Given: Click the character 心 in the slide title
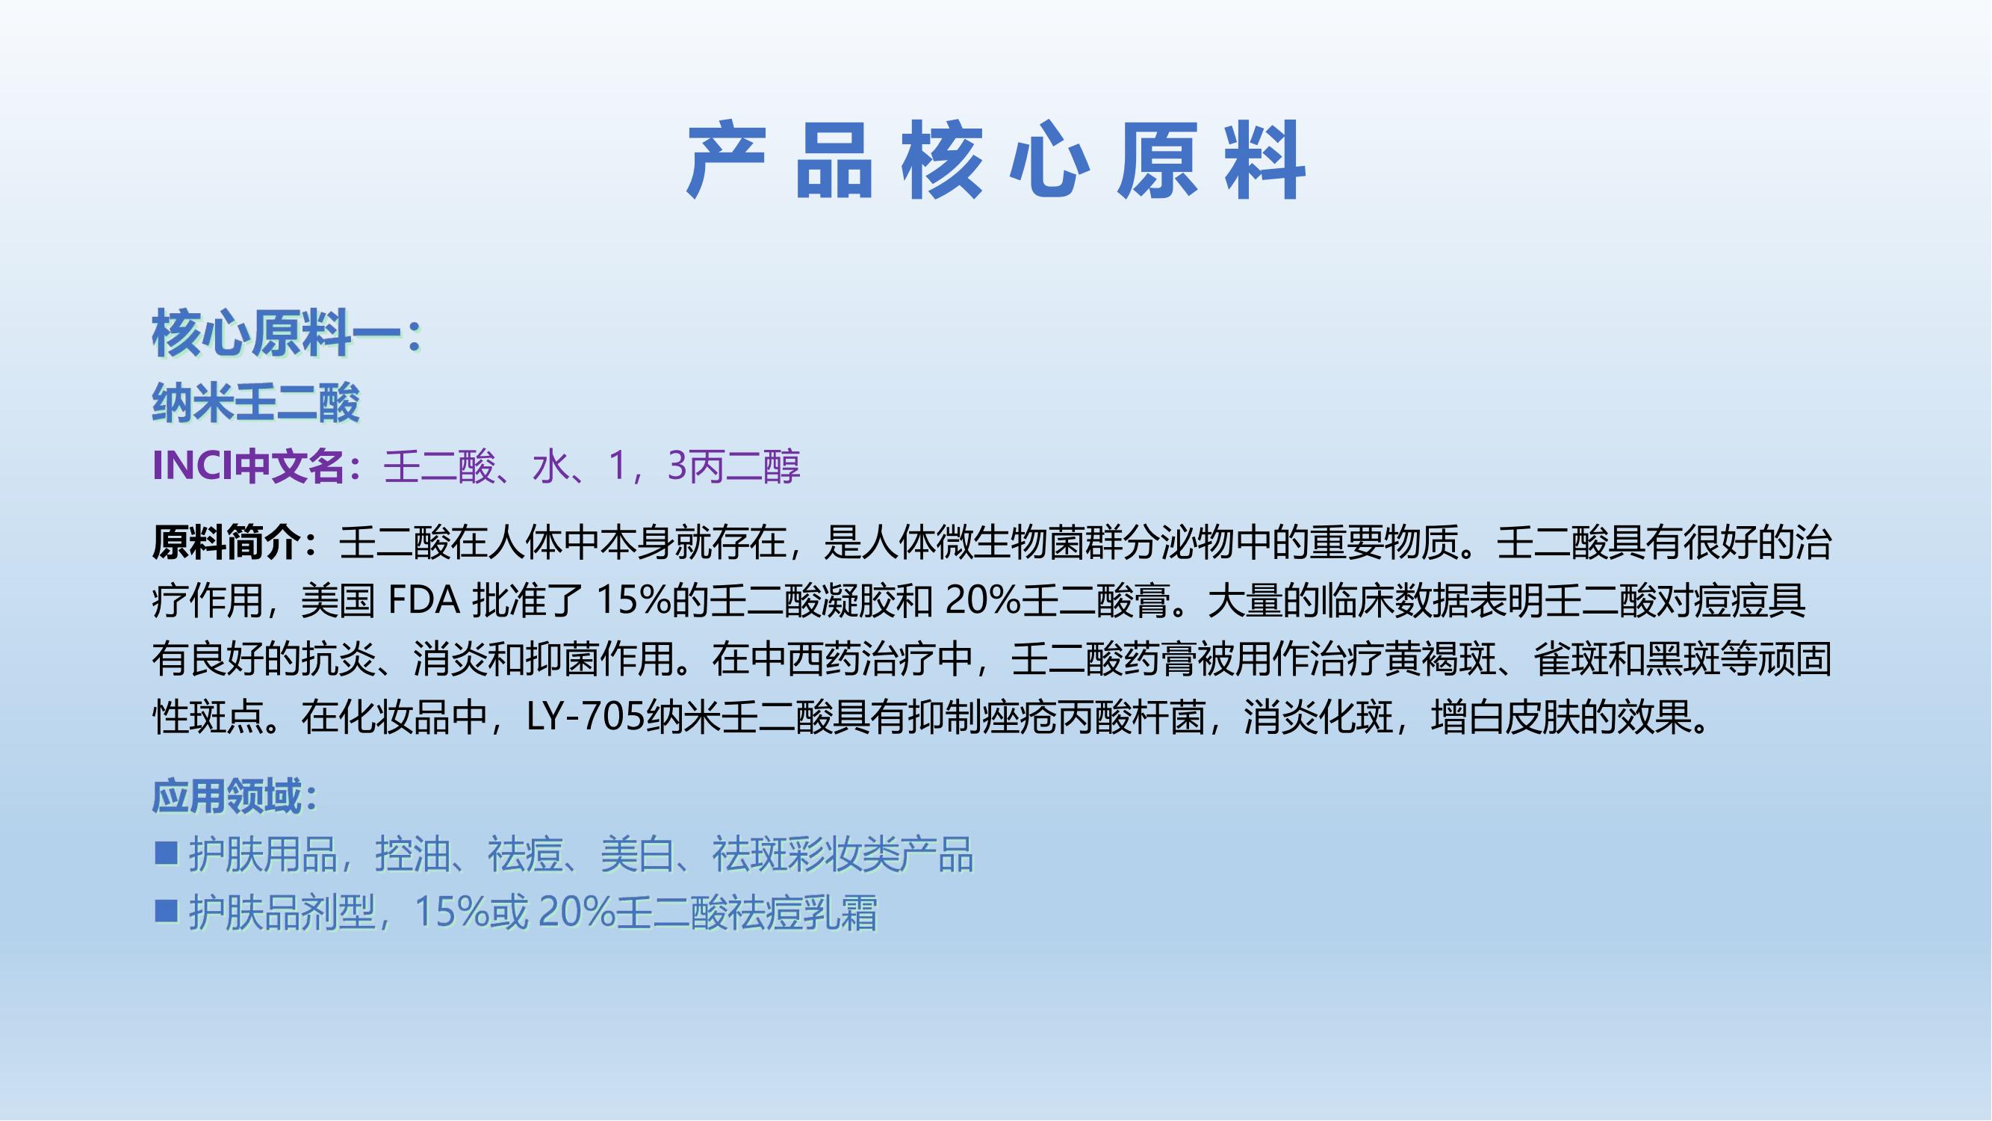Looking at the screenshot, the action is pyautogui.click(x=1049, y=161).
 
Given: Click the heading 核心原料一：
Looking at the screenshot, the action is pyautogui.click(x=287, y=334).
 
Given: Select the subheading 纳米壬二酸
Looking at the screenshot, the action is pyautogui.click(x=256, y=403).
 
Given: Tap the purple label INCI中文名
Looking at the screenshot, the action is pyautogui.click(x=248, y=466).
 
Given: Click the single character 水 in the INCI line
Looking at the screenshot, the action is pyautogui.click(x=550, y=466).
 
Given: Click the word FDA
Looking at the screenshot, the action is pyautogui.click(x=423, y=601).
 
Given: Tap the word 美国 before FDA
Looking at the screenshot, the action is pyautogui.click(x=338, y=601).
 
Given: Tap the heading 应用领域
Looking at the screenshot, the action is pyautogui.click(x=225, y=797).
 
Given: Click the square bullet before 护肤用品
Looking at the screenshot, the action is pyautogui.click(x=167, y=855).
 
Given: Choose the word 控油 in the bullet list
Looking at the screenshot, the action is pyautogui.click(x=412, y=855).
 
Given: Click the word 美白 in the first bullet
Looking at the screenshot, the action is pyautogui.click(x=637, y=855).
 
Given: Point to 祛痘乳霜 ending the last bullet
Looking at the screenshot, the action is pyautogui.click(x=804, y=913).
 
